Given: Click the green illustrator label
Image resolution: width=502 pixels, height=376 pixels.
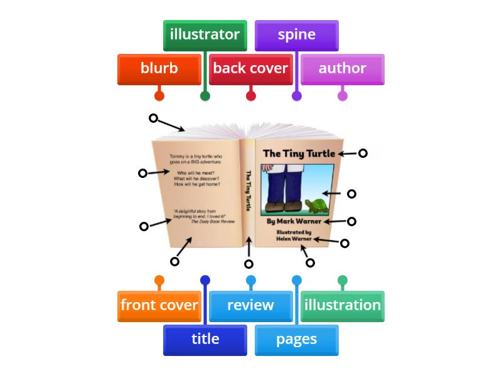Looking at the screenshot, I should click(x=205, y=35).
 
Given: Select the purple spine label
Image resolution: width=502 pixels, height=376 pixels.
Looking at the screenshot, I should click(x=296, y=35).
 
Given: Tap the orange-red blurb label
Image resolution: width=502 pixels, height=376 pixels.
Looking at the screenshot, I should click(x=159, y=69).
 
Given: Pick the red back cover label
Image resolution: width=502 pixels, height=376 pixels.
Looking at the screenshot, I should click(x=250, y=69).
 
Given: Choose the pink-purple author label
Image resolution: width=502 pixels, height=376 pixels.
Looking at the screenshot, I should click(x=342, y=69).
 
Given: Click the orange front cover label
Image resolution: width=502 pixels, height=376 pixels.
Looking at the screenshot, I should click(x=159, y=306).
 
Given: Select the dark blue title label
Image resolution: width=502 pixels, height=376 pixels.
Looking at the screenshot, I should click(x=205, y=340).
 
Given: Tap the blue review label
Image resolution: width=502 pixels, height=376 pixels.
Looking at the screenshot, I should click(x=250, y=306).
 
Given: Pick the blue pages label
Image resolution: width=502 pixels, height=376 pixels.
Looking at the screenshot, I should click(x=296, y=340).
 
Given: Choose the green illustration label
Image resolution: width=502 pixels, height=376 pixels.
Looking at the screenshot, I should click(x=342, y=306).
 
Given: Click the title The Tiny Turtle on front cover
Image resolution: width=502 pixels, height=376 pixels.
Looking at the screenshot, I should click(x=299, y=154).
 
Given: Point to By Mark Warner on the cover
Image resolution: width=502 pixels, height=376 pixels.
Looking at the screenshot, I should click(x=294, y=221).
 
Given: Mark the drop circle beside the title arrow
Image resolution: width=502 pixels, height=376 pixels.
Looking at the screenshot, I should click(x=362, y=153).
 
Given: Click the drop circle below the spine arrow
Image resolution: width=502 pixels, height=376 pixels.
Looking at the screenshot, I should click(x=249, y=264).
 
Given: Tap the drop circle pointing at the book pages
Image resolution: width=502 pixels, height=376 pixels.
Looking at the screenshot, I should click(x=153, y=118).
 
